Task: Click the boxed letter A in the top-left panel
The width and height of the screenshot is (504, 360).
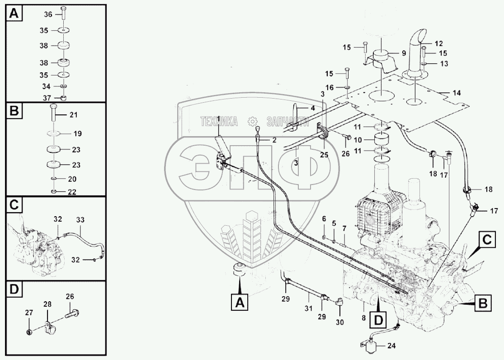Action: click(x=14, y=14)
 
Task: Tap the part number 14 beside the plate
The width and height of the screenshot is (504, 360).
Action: click(x=457, y=92)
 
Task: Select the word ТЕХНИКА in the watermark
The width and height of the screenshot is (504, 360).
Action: click(x=219, y=121)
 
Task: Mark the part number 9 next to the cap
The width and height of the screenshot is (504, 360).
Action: click(x=403, y=53)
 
